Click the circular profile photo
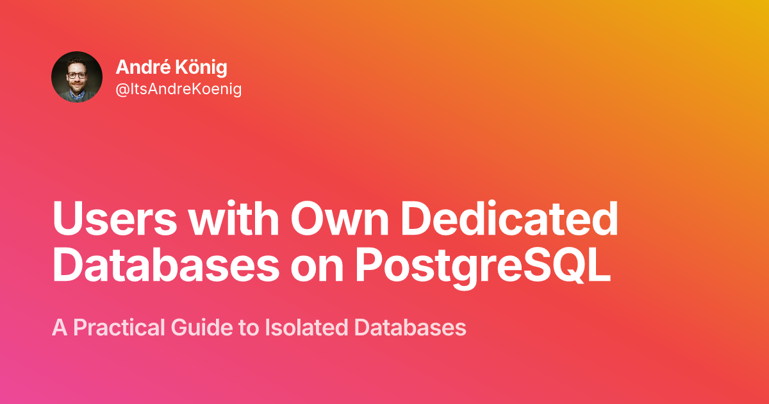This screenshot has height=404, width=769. point(77,77)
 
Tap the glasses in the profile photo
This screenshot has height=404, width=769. point(76,75)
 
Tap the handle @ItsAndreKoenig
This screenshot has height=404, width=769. point(179,89)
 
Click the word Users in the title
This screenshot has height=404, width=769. point(115,219)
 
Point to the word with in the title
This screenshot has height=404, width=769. point(234,218)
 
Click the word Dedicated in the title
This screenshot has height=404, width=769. point(509,218)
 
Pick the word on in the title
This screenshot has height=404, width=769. point(317,270)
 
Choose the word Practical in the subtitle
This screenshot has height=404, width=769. point(119,328)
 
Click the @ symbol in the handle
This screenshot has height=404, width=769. point(122,90)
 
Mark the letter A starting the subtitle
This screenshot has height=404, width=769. point(60,328)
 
